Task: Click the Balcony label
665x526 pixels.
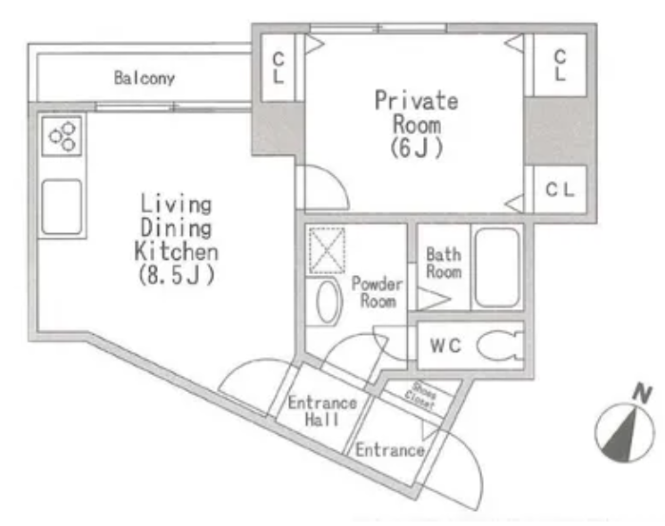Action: tap(145, 78)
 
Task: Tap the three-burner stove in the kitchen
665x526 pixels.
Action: tap(62, 136)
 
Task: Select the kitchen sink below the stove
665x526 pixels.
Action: tap(62, 206)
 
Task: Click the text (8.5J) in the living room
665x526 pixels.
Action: tap(177, 275)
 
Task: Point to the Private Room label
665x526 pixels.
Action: tap(417, 113)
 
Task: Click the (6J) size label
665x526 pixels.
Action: tap(417, 148)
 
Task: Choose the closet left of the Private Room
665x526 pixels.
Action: tap(278, 68)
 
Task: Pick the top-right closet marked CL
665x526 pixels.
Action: tap(560, 65)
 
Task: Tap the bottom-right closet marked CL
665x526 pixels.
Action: tap(560, 189)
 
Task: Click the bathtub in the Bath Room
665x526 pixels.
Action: tap(497, 268)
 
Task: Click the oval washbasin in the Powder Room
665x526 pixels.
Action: tap(329, 302)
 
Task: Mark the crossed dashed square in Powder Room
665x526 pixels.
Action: tap(327, 251)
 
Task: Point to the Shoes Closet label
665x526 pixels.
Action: tap(420, 396)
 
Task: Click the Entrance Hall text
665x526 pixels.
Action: tap(322, 411)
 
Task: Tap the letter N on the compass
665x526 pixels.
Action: tap(642, 393)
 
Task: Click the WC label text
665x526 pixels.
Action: tap(445, 346)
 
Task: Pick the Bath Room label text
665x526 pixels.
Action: tap(444, 263)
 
